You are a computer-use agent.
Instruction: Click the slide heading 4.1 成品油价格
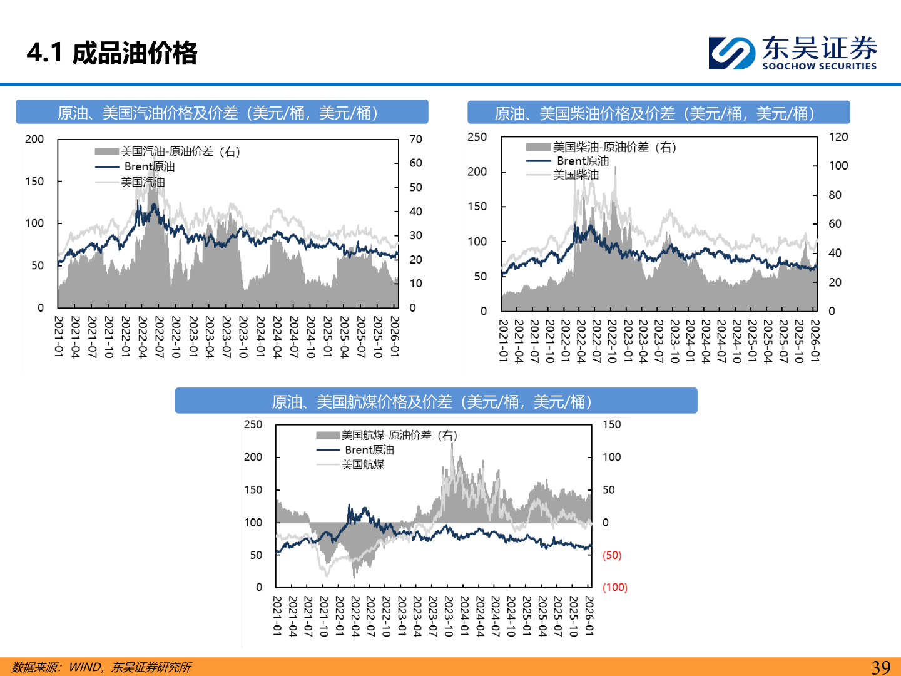[112, 53]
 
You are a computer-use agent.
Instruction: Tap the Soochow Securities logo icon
[731, 53]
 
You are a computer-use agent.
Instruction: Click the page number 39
[881, 667]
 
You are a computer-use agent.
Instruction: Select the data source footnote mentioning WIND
[101, 667]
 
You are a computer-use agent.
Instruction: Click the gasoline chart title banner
[221, 113]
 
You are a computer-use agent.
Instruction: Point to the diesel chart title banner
[658, 113]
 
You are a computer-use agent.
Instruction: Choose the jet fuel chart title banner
[435, 401]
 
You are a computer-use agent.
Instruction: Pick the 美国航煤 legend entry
[362, 464]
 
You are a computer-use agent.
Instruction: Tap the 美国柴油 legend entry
[576, 175]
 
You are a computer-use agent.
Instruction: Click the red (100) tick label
[614, 587]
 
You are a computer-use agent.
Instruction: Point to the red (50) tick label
[611, 555]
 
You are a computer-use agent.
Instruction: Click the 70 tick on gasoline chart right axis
[415, 139]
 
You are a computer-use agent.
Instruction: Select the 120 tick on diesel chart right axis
[838, 137]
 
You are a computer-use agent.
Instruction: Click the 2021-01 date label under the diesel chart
[502, 341]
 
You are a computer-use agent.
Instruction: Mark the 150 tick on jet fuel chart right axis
[611, 424]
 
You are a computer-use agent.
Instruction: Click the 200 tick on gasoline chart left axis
[34, 139]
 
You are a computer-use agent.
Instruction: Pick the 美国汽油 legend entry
[143, 182]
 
